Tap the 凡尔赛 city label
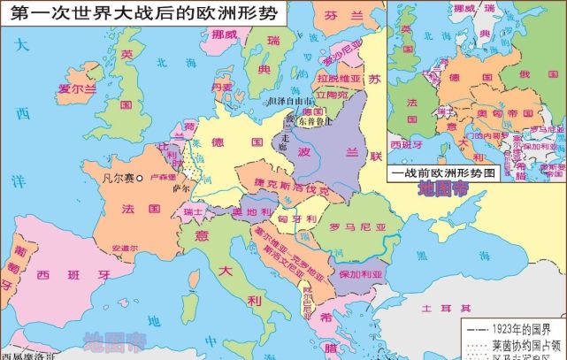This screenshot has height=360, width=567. tap(118, 178)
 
